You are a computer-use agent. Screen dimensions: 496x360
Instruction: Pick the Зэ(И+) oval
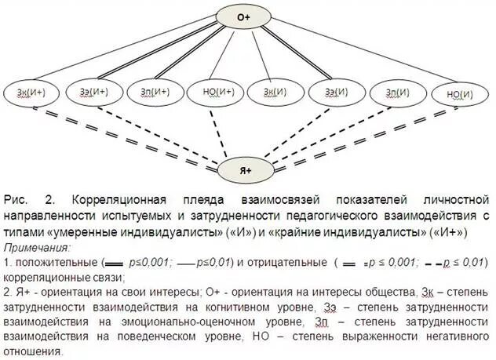point(93,93)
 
